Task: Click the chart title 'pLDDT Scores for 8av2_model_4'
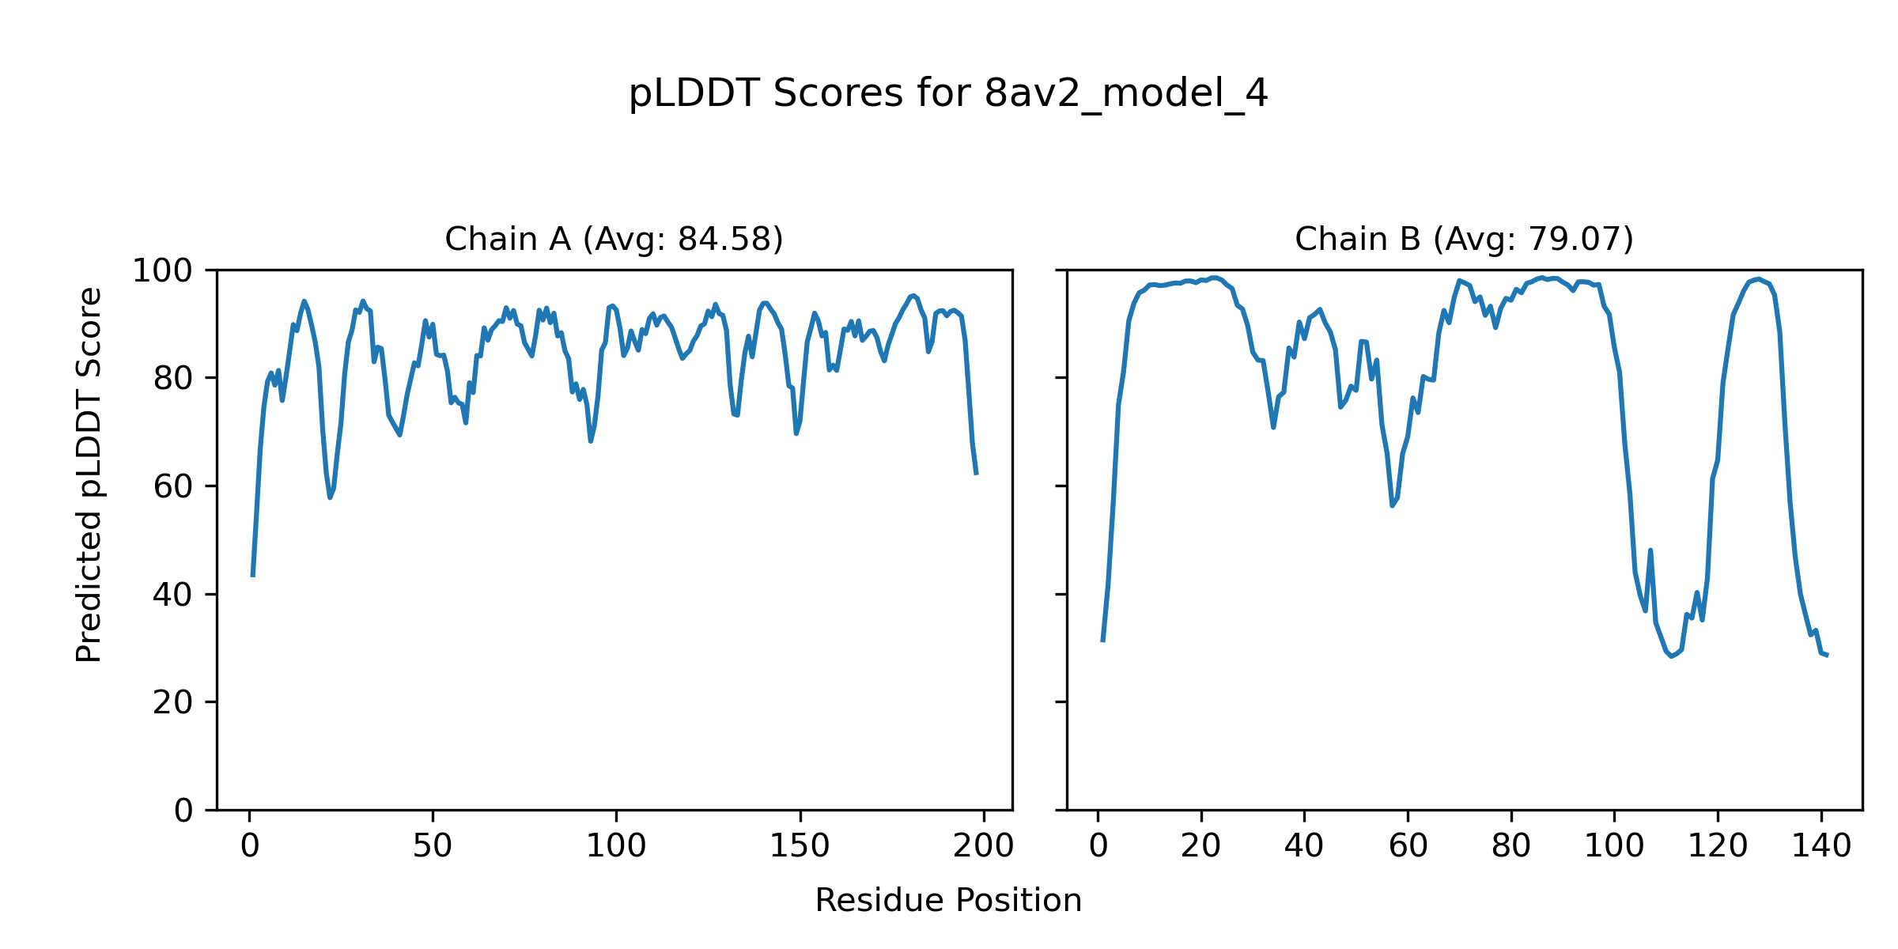click(948, 94)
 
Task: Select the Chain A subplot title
click(614, 239)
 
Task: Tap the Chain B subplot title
click(1464, 239)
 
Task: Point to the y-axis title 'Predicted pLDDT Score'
click(89, 475)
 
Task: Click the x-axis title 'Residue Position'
click(948, 901)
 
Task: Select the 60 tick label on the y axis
click(172, 486)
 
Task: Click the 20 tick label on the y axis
click(172, 702)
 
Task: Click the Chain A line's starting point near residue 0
click(252, 576)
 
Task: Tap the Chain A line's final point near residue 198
click(977, 474)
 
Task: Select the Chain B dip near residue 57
click(1392, 505)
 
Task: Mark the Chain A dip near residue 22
click(331, 497)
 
